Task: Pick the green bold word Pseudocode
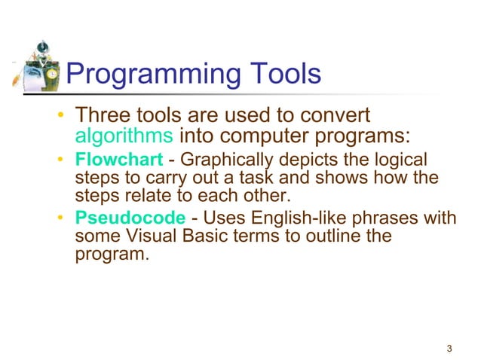coord(130,218)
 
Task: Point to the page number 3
coord(449,348)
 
